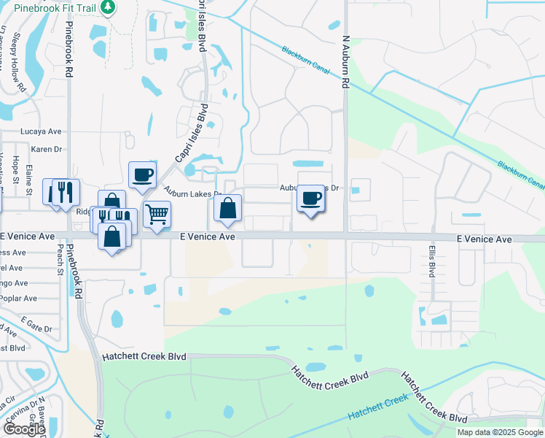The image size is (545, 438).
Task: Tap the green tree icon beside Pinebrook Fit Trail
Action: pos(108,7)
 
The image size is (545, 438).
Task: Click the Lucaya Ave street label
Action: pos(41,132)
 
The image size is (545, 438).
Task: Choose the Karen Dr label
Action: pos(45,148)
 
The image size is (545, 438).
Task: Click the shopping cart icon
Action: pos(157,214)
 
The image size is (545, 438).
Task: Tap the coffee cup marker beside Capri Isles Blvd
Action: pos(142,174)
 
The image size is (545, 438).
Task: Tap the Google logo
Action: pos(24,429)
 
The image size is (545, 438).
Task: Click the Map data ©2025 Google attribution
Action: pos(500,432)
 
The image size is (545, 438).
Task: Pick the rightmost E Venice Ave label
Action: pos(484,239)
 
